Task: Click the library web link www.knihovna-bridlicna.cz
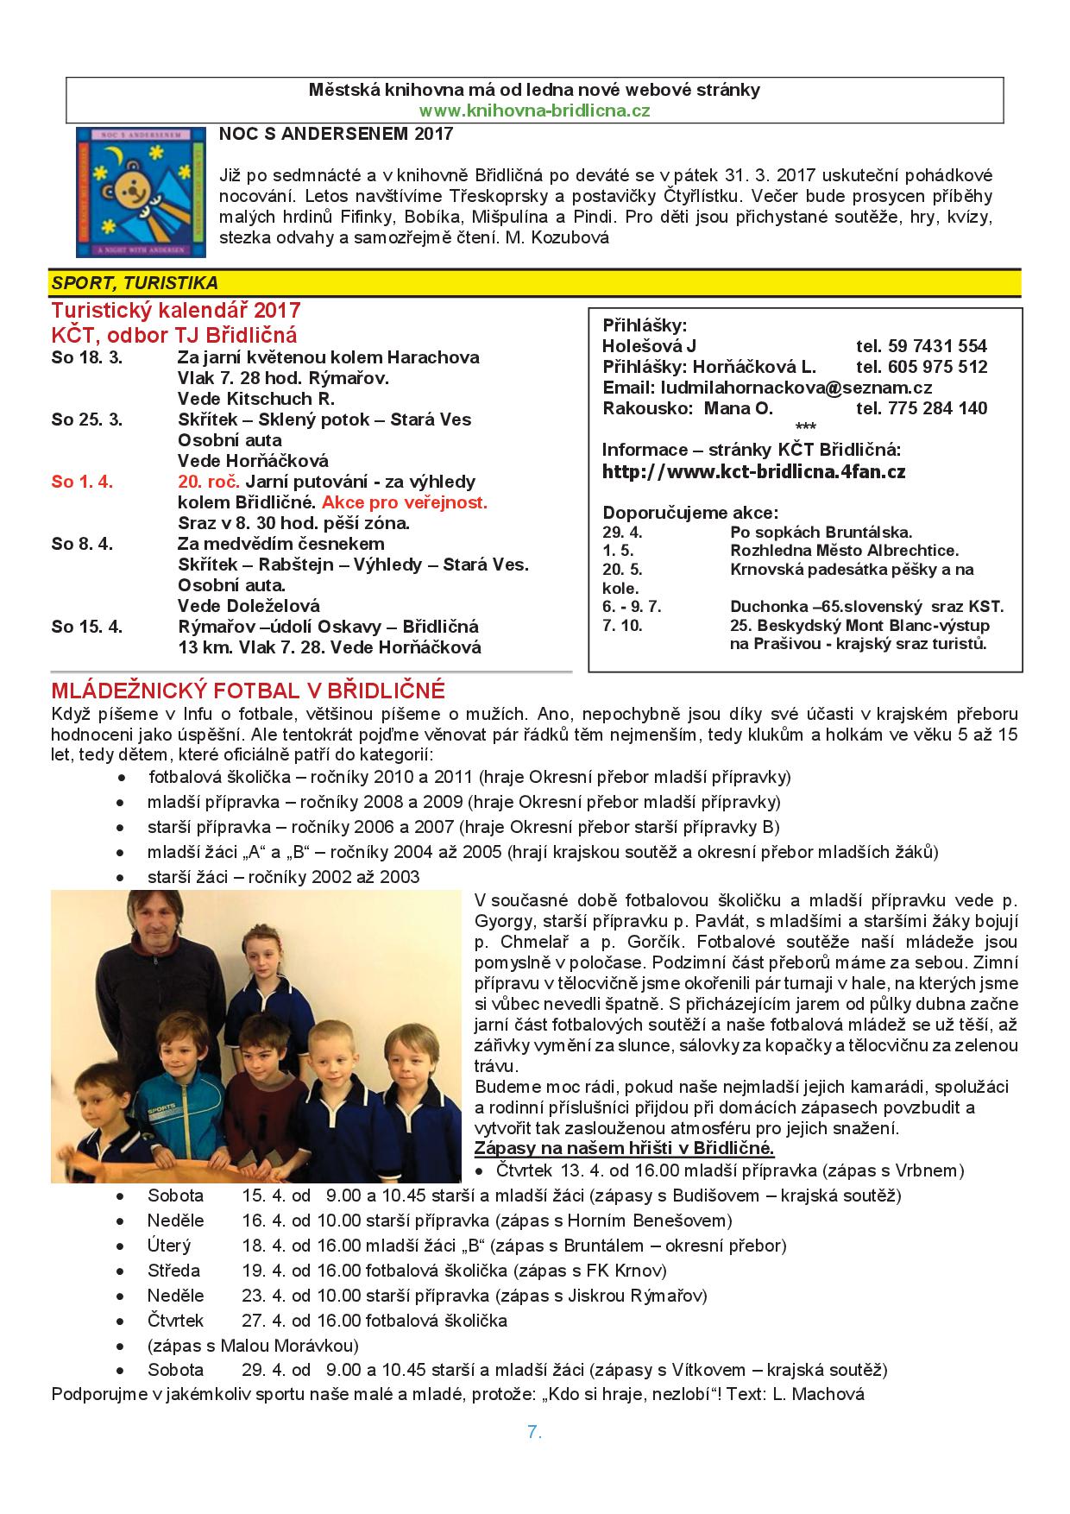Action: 534,110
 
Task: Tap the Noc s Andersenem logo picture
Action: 142,192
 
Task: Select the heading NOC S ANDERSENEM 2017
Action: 336,134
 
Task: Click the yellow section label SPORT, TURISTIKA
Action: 135,283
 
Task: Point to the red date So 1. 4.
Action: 82,482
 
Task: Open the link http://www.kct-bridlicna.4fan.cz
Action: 753,471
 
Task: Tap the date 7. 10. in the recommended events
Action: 622,625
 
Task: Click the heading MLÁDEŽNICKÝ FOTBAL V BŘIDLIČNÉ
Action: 249,691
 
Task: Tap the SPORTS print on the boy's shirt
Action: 164,1106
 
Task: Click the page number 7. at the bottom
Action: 534,1432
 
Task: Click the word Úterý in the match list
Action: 169,1246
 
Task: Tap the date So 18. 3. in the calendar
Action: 86,357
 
